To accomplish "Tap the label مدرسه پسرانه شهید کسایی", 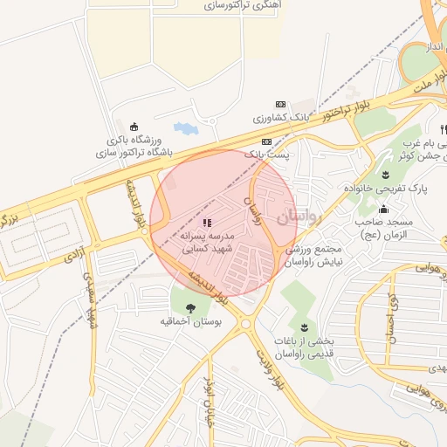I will tap(208, 243).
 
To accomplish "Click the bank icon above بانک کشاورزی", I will tap(280, 103).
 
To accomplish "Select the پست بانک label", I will tap(265, 154).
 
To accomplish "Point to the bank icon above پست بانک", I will tap(266, 141).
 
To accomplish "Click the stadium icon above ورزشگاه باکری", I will tap(134, 127).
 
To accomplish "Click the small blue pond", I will tap(186, 128).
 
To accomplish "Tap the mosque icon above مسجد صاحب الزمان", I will tap(383, 209).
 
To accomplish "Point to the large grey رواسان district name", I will tap(299, 217).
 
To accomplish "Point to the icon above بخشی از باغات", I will tap(304, 327).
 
